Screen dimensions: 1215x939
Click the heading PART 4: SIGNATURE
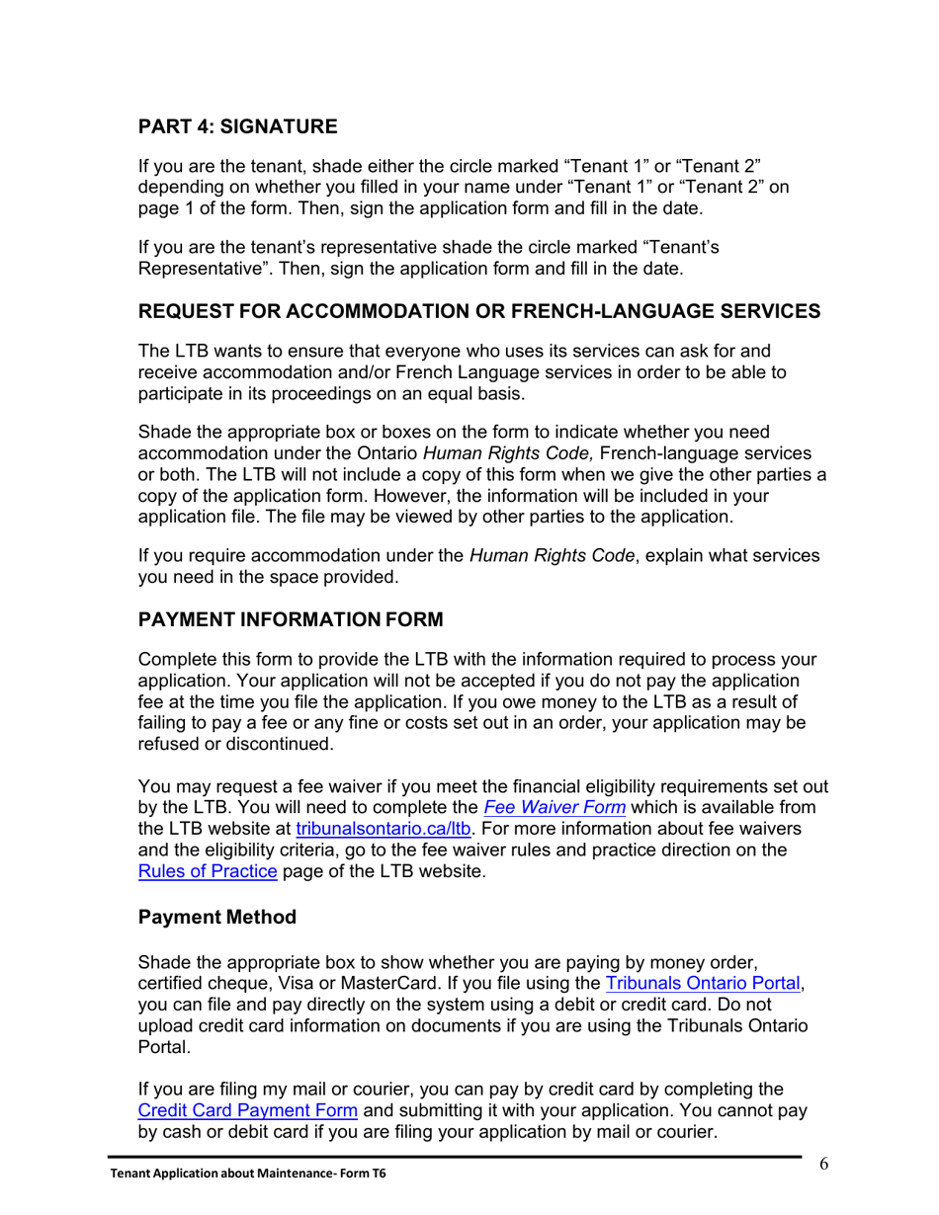237,126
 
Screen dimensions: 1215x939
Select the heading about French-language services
478,311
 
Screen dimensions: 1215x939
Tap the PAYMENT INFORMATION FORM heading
291,621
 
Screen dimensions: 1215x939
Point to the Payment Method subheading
216,917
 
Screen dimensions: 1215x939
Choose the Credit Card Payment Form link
248,1110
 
